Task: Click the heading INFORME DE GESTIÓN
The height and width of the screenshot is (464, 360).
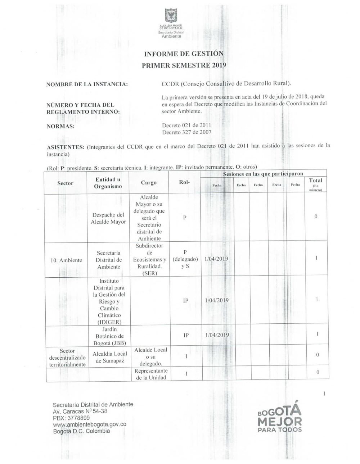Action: [184, 54]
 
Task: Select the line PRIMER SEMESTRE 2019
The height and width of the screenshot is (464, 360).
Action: [184, 65]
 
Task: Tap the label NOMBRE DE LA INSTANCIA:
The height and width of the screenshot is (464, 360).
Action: [87, 85]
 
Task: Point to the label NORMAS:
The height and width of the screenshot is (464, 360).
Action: [60, 127]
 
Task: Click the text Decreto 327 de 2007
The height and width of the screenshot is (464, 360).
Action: [186, 132]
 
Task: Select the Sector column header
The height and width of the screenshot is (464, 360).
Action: [65, 183]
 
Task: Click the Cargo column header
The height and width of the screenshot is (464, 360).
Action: [149, 182]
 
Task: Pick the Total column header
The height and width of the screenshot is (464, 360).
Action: [316, 181]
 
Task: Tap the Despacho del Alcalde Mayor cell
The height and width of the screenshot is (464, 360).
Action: [108, 218]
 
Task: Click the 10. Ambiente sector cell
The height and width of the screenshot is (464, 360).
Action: [66, 260]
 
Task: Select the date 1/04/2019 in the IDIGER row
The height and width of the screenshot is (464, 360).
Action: [217, 300]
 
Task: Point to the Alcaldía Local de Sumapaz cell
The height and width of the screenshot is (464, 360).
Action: [110, 357]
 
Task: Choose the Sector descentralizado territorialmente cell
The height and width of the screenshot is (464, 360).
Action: [67, 358]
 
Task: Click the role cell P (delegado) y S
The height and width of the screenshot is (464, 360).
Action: [185, 259]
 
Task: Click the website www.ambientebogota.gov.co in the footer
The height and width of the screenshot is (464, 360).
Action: [89, 424]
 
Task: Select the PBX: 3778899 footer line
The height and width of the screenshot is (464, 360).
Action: [71, 418]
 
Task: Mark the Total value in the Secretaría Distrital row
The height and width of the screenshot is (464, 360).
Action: [316, 258]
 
